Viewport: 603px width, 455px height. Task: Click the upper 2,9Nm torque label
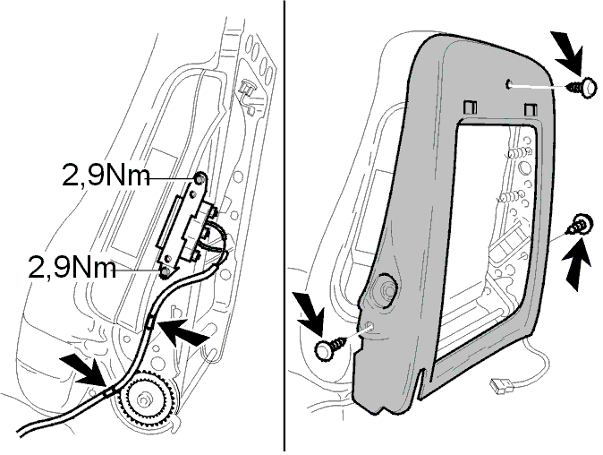(x=106, y=176)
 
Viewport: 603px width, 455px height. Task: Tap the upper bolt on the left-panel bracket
(x=200, y=179)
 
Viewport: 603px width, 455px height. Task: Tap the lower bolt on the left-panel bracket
(x=166, y=272)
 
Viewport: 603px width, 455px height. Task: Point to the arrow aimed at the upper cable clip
(x=183, y=331)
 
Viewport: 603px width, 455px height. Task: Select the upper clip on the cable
(x=150, y=321)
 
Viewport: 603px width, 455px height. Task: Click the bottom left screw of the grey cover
(x=329, y=348)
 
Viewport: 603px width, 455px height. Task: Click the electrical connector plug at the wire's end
(x=500, y=386)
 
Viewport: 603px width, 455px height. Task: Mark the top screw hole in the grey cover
(x=509, y=85)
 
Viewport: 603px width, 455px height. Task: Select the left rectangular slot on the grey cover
(x=470, y=107)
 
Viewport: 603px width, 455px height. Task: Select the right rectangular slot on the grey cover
(x=531, y=109)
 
